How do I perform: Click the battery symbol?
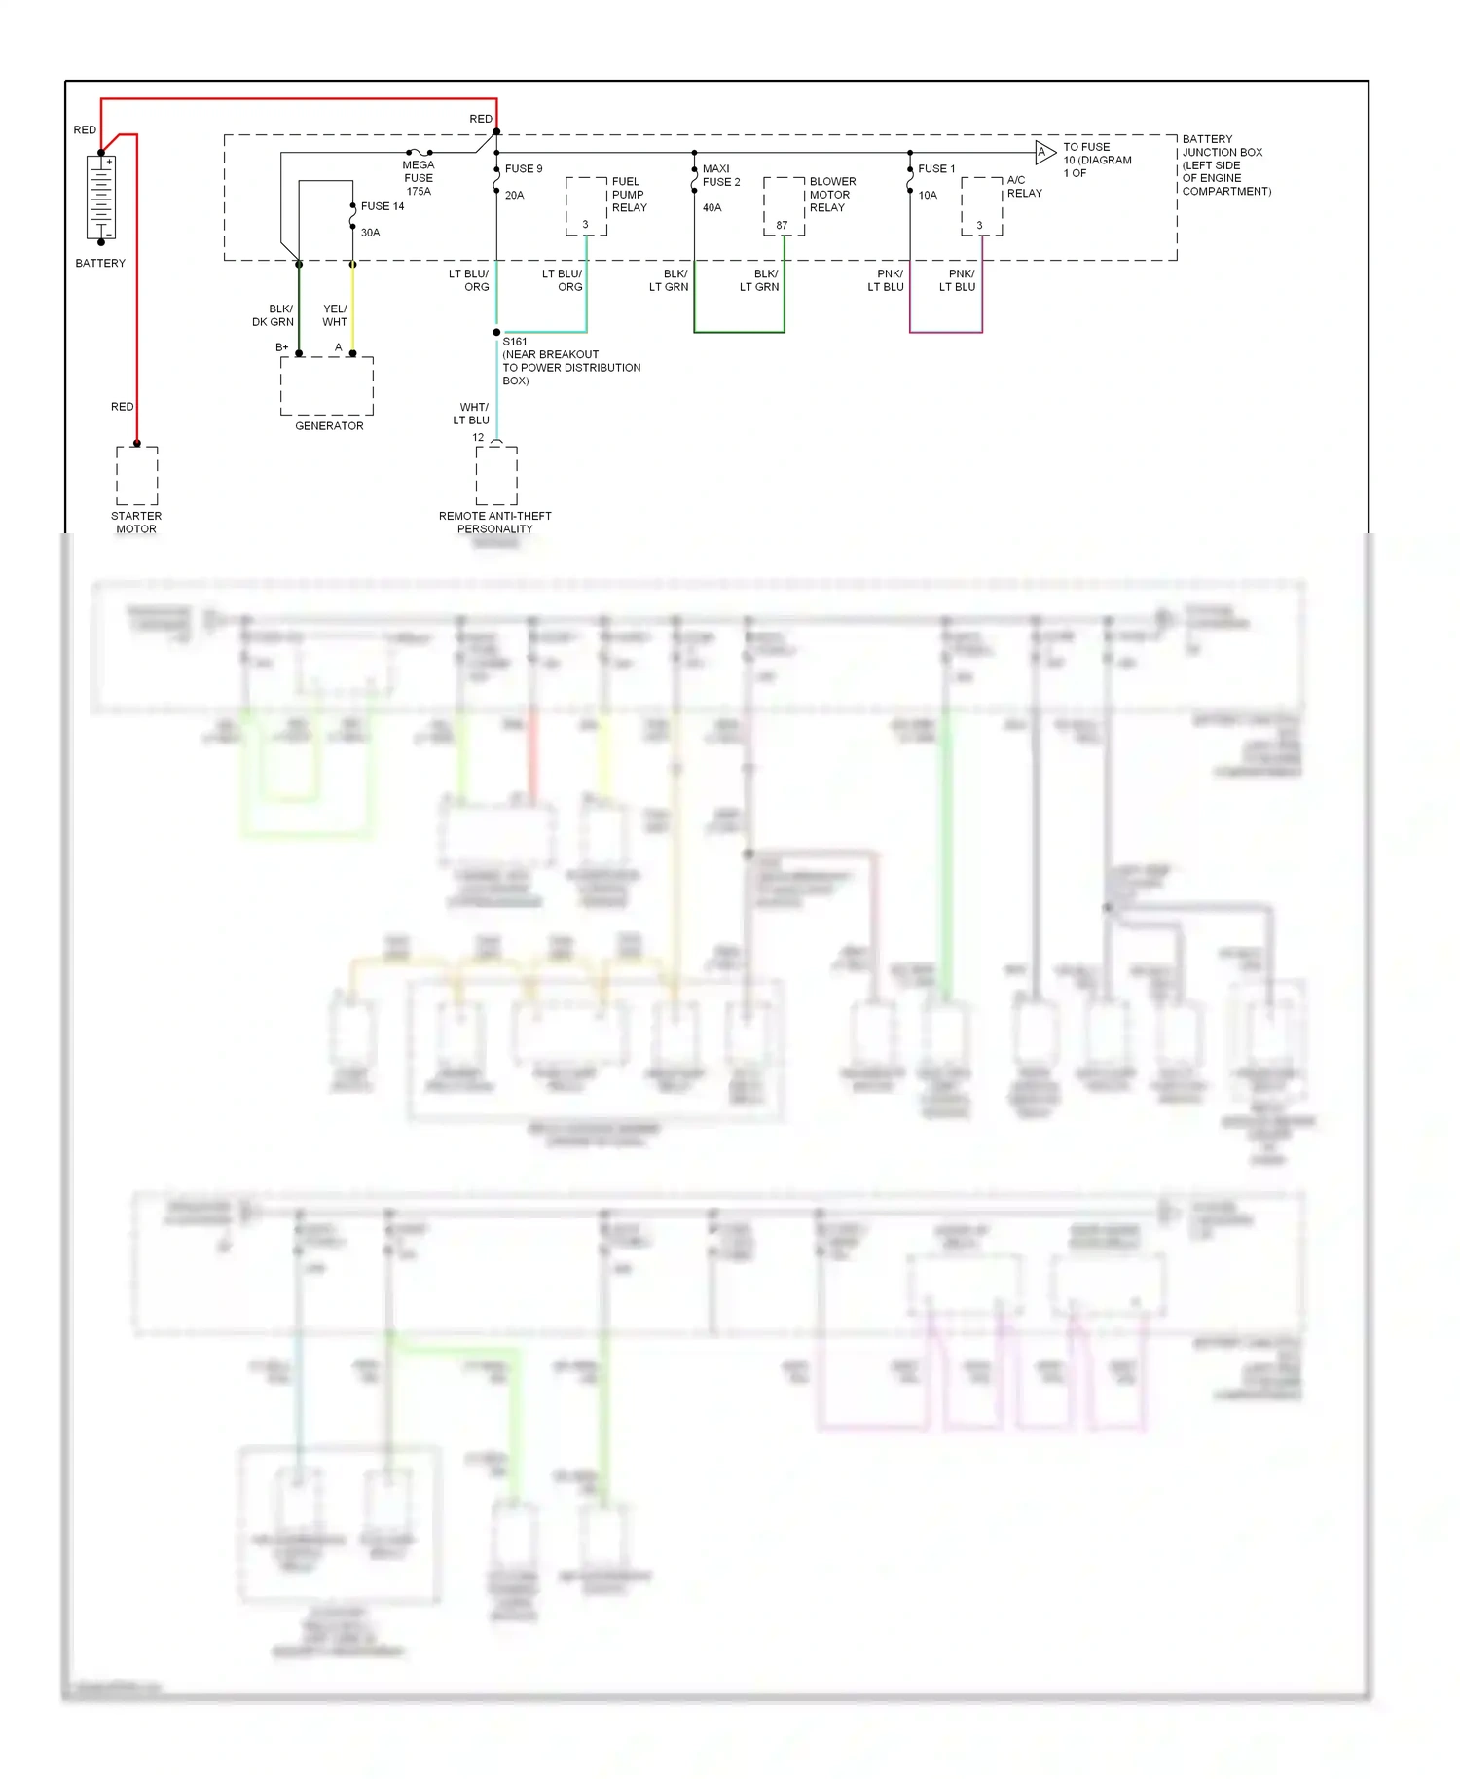[x=101, y=198]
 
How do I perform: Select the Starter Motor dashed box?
[x=137, y=475]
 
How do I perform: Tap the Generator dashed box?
[x=327, y=386]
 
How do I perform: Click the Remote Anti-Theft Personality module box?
[x=496, y=475]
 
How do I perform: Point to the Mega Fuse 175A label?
[x=419, y=178]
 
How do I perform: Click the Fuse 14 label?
[x=382, y=206]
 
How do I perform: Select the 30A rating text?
[x=370, y=233]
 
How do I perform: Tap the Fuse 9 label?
[x=524, y=169]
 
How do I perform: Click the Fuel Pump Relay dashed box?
[x=586, y=206]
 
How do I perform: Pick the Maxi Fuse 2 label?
[x=720, y=175]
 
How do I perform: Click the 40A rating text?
[x=712, y=208]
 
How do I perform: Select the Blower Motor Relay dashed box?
[x=784, y=206]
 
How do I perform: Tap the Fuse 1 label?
[x=936, y=169]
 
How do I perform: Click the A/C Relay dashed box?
[x=981, y=206]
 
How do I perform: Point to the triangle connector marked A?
[x=1044, y=152]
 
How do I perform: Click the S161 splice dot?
[x=496, y=333]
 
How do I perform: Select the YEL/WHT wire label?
[x=335, y=315]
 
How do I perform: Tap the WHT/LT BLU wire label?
[x=471, y=414]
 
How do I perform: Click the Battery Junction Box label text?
[x=1225, y=165]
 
